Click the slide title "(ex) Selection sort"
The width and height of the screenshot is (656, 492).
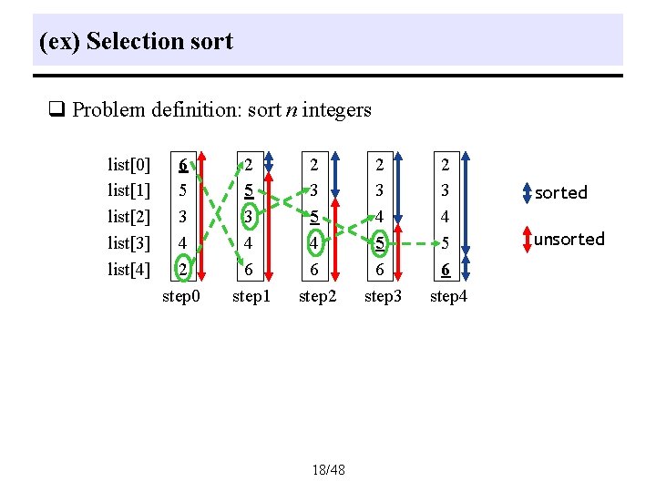point(137,41)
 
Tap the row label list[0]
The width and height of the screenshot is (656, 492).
point(128,165)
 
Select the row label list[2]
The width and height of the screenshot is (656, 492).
point(128,217)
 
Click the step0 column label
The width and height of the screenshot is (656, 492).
point(181,296)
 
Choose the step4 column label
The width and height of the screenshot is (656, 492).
point(449,296)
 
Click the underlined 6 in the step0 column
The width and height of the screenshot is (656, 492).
point(183,165)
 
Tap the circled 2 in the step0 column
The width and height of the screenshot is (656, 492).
point(183,270)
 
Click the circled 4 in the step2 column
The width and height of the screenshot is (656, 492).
point(314,243)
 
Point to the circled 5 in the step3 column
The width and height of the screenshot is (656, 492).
point(380,243)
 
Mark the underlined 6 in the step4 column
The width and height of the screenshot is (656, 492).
point(446,270)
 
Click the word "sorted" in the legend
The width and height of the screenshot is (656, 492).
point(560,192)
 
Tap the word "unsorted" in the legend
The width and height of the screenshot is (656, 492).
point(569,239)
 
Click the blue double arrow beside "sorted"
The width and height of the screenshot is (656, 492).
point(527,192)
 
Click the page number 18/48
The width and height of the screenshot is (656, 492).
point(328,470)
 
